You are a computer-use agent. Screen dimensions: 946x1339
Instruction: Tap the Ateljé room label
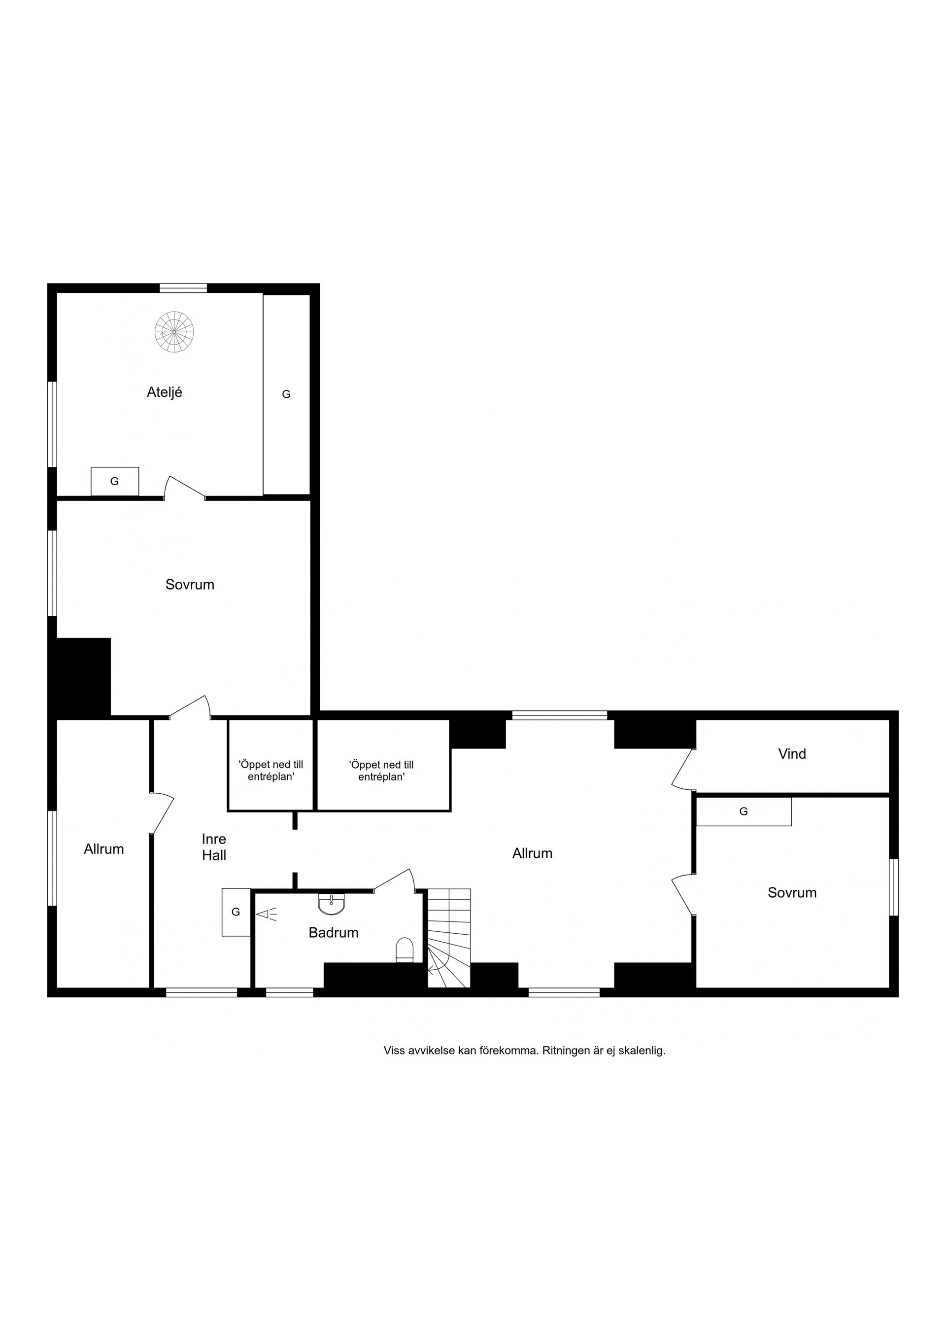pos(165,392)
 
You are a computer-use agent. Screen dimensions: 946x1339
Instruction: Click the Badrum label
pos(334,933)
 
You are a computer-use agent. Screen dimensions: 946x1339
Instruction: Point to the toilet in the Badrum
pos(405,950)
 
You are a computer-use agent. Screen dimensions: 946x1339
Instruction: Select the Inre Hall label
pos(214,847)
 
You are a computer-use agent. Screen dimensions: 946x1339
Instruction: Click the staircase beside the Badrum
pos(449,938)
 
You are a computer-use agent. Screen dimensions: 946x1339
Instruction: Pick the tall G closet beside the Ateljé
pos(286,395)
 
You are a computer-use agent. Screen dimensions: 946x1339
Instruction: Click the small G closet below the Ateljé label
pos(115,482)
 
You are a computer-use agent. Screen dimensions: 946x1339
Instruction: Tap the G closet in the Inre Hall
pos(236,912)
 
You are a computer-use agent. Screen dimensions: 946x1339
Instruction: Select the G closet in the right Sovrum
pos(744,811)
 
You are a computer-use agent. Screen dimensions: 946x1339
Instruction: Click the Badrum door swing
pos(394,881)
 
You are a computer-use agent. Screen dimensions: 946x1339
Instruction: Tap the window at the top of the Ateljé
pos(184,287)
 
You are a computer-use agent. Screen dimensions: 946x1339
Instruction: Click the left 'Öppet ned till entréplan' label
pos(271,771)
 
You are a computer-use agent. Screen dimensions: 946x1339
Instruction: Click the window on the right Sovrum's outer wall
pos(894,887)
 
